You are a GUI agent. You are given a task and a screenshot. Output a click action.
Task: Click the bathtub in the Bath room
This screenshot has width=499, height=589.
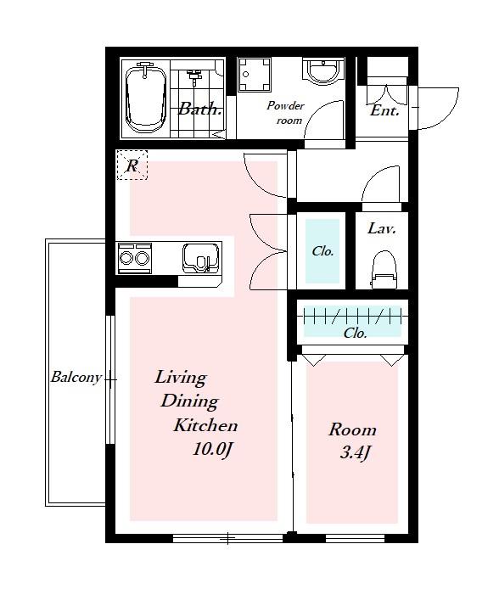point(146,98)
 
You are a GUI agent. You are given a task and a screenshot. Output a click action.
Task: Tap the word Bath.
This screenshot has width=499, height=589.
point(199,109)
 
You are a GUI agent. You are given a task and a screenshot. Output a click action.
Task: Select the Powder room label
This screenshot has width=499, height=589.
point(286,113)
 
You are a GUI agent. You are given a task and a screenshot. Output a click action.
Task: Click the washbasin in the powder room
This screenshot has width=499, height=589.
point(323,70)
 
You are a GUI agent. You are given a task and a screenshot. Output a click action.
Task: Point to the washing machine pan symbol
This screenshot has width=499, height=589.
point(255,75)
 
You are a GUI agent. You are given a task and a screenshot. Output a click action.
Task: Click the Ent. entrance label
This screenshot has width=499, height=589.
point(384,110)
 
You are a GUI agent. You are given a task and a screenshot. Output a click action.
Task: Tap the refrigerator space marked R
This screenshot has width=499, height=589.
point(132,165)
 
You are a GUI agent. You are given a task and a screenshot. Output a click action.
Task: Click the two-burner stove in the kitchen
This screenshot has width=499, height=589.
point(135,258)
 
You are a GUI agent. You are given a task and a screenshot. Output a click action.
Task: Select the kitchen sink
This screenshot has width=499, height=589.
point(200,258)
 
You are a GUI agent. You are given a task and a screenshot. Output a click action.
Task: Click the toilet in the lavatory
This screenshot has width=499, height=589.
point(384,270)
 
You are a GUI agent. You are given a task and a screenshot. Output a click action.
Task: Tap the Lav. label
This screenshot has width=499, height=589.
point(382,228)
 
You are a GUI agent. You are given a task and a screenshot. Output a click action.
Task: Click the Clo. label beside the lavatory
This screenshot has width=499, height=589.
point(322,251)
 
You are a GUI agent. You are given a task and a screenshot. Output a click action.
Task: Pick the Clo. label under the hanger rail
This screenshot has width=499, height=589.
point(356,334)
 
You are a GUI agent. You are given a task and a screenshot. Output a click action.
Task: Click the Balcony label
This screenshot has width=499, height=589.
point(76,377)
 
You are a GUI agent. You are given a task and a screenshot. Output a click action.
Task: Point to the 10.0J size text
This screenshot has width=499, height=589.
point(213,449)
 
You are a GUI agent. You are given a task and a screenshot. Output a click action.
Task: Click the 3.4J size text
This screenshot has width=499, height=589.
point(356,453)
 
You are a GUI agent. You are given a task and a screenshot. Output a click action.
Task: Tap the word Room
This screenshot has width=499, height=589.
point(352,429)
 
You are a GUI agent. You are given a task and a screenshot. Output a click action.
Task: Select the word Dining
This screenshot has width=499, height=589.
point(190,401)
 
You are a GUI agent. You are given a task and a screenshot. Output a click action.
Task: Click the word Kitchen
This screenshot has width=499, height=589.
point(205,425)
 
